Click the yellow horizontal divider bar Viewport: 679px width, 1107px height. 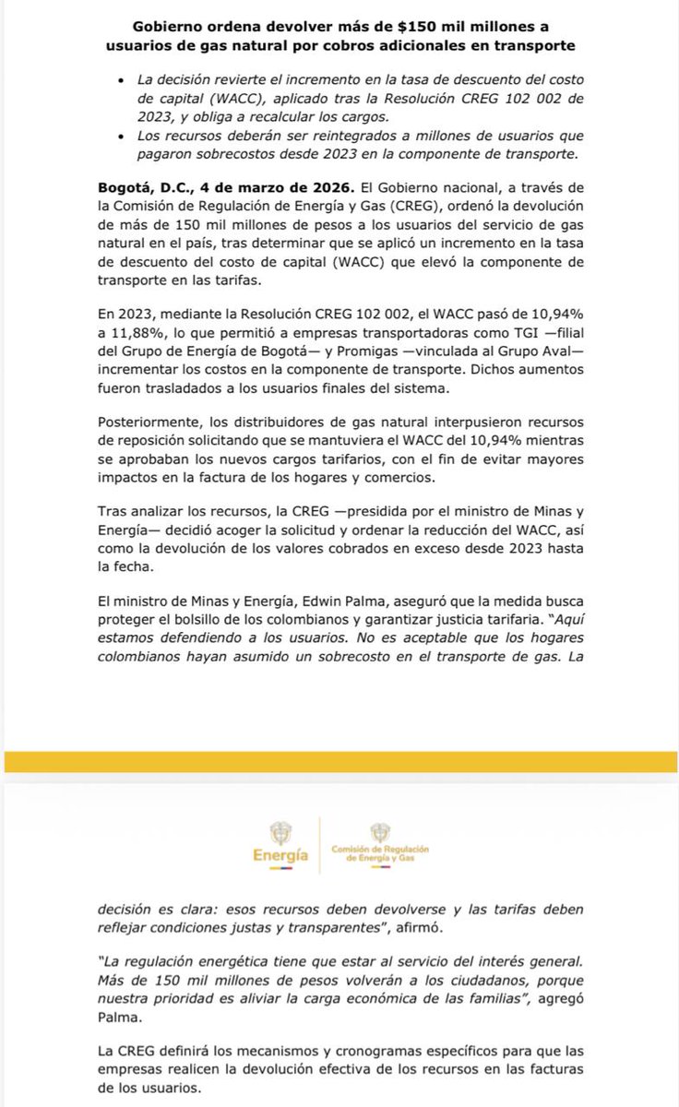(x=339, y=761)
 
